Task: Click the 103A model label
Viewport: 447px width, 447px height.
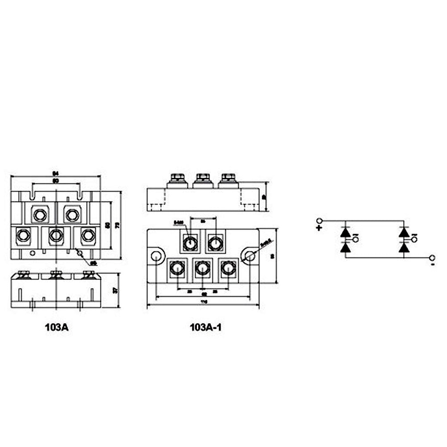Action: click(56, 327)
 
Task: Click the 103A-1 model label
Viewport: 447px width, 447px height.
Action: click(205, 327)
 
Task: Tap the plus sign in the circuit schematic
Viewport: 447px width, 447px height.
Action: click(319, 227)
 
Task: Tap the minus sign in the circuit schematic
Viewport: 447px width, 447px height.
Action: click(433, 265)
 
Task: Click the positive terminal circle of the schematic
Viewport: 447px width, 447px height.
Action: click(319, 221)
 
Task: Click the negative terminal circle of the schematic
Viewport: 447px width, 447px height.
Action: click(432, 258)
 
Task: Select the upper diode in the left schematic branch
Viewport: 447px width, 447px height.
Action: click(345, 233)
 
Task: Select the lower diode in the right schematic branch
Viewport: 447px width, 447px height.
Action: click(404, 247)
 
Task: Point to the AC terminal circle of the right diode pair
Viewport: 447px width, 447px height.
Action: click(415, 240)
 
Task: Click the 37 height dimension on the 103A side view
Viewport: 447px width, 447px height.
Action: click(115, 290)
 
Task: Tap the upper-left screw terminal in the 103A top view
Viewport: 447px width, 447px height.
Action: click(40, 215)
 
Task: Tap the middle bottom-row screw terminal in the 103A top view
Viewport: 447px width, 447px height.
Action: click(56, 235)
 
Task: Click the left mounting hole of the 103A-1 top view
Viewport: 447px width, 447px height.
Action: click(156, 256)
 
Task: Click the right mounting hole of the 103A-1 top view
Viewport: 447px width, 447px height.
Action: click(250, 256)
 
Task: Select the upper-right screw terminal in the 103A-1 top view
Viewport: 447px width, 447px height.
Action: click(215, 243)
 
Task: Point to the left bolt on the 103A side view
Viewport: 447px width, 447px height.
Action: click(24, 274)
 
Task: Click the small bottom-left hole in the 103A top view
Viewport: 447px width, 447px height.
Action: click(32, 253)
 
